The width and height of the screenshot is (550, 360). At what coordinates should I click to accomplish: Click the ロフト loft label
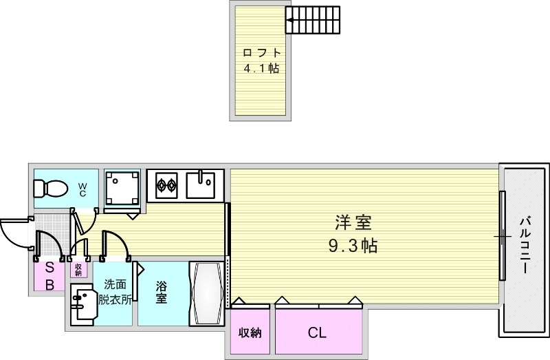tap(261, 52)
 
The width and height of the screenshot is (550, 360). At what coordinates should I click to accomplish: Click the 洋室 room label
tap(353, 223)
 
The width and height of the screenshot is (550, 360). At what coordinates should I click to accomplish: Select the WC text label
tap(82, 189)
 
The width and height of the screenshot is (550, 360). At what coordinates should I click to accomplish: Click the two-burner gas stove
tap(166, 184)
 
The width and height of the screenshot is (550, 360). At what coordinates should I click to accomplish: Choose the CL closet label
tap(317, 334)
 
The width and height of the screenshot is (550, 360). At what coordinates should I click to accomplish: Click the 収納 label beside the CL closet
tap(250, 334)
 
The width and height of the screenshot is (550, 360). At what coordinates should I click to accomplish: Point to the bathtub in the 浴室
tap(207, 294)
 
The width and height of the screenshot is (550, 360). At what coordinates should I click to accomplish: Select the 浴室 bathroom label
tap(162, 293)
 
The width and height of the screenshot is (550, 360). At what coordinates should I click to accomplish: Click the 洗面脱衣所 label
tap(115, 292)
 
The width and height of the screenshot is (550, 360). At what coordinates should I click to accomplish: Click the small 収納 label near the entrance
tap(78, 268)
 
